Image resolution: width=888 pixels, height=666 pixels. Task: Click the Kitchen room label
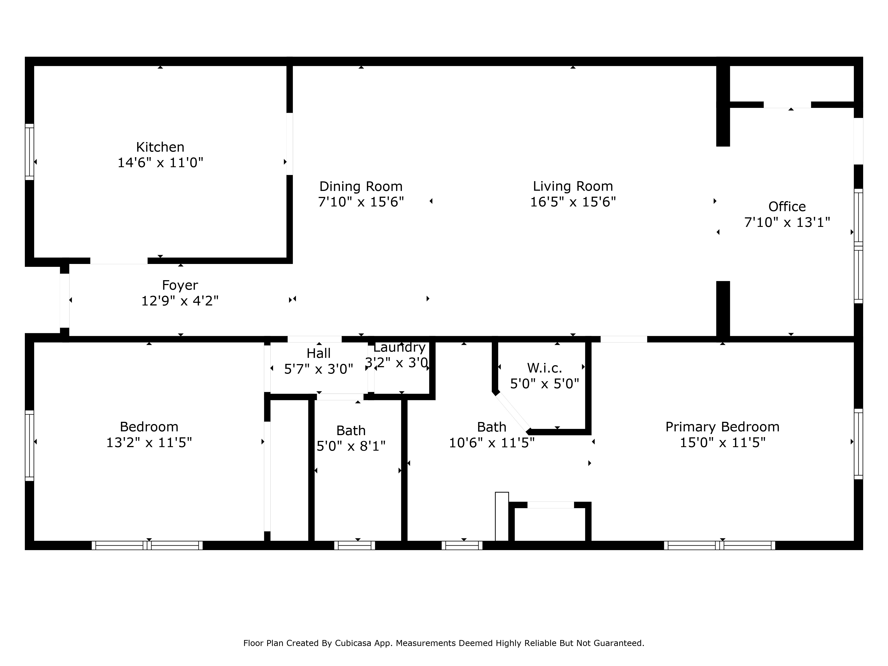160,147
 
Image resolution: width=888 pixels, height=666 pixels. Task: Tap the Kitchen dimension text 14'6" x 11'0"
160,163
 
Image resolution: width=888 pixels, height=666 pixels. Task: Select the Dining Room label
361,186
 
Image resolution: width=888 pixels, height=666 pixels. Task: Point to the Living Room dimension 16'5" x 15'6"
573,202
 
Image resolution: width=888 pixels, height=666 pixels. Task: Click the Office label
787,206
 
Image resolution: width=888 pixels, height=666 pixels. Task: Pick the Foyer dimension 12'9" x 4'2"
180,301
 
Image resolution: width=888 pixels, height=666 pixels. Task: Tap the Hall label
319,353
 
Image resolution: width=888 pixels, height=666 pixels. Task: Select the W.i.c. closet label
544,368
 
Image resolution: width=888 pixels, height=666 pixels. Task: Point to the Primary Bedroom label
722,427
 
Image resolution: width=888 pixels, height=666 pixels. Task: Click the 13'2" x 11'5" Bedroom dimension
149,442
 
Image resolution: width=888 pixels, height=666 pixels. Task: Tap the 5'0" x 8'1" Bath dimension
351,446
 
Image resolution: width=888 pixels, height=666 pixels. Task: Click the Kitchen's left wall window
29,152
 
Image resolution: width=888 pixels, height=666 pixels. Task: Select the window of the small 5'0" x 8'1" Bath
355,545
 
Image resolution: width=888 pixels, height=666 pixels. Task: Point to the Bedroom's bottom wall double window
147,545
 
